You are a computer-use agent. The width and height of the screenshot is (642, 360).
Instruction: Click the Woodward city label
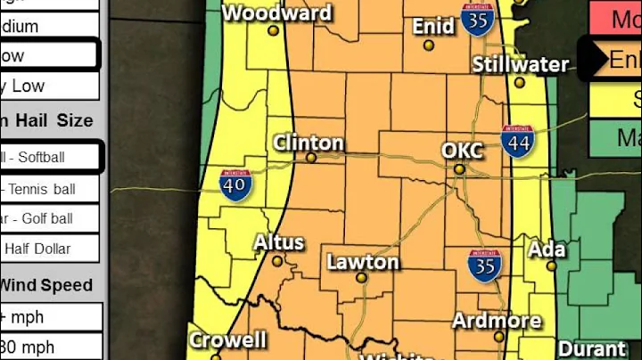coord(276,13)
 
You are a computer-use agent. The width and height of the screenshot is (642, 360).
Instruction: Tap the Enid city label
coord(433,27)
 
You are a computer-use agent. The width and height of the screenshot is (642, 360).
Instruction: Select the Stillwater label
coord(520,65)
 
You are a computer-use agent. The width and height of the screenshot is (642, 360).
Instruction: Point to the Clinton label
coord(309,143)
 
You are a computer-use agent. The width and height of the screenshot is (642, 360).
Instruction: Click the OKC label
coord(462,151)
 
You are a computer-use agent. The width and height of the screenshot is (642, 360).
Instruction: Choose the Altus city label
coord(279,242)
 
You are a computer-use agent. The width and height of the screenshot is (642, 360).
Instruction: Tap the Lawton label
coord(363,262)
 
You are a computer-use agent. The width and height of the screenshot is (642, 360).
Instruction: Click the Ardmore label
coord(497,321)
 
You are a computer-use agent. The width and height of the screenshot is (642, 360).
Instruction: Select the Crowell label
coord(227,340)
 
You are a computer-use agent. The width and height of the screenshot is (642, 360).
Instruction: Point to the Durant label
coord(592,348)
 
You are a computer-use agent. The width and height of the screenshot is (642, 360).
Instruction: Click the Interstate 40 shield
coord(235,184)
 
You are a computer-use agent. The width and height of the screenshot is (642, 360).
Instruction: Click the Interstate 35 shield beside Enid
coord(479,19)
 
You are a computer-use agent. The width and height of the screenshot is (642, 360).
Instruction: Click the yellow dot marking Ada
coord(552,266)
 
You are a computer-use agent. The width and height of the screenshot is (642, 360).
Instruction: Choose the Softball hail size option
coord(50,158)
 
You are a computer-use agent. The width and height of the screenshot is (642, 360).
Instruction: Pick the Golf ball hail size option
coord(50,218)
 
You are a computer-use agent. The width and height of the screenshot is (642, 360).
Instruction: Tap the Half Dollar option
coord(50,249)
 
